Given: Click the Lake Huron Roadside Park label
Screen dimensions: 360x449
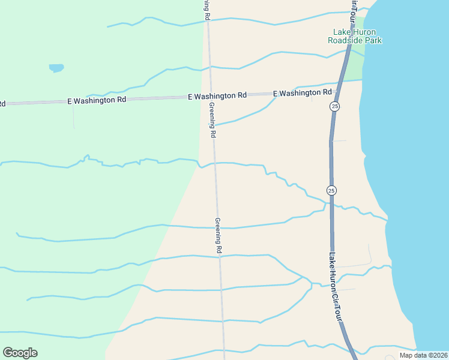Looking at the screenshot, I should coord(355,36).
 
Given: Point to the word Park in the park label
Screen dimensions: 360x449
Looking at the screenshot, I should coord(373,41).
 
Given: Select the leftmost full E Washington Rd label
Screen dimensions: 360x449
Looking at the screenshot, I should coord(97,100).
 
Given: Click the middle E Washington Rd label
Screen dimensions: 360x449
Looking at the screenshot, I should coord(217,96).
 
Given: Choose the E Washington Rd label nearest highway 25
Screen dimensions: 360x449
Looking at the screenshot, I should coord(303,93).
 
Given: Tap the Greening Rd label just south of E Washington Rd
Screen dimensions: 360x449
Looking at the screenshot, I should coord(212,121).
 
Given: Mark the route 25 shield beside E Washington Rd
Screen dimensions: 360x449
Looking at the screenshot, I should coord(335,106).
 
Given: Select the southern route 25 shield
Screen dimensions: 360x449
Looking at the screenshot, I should coord(331,190).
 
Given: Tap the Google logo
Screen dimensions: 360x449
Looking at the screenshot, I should coord(20,353).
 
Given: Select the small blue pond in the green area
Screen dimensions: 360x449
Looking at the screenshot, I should coord(56,68).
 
